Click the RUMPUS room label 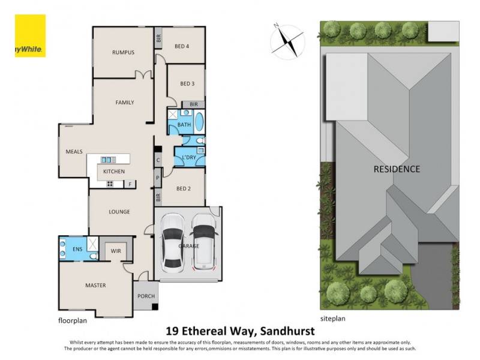coord(122,52)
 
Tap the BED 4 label coord(181,46)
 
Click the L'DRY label coord(189,158)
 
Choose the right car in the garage coord(204,241)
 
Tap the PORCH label coord(146,296)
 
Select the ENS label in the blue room coord(77,248)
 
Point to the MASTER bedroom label coord(95,285)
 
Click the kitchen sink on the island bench coord(109,160)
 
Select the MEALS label coord(74,151)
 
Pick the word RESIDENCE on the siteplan coord(397,169)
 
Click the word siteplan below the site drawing coord(332,319)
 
